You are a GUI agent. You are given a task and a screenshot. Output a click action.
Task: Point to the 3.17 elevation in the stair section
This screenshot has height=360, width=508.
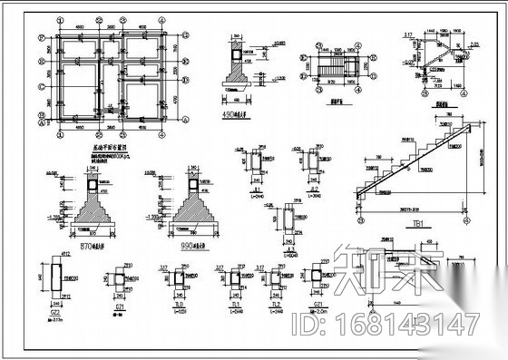click(410, 36)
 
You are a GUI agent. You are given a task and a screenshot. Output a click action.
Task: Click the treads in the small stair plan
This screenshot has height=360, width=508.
click(337, 67)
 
